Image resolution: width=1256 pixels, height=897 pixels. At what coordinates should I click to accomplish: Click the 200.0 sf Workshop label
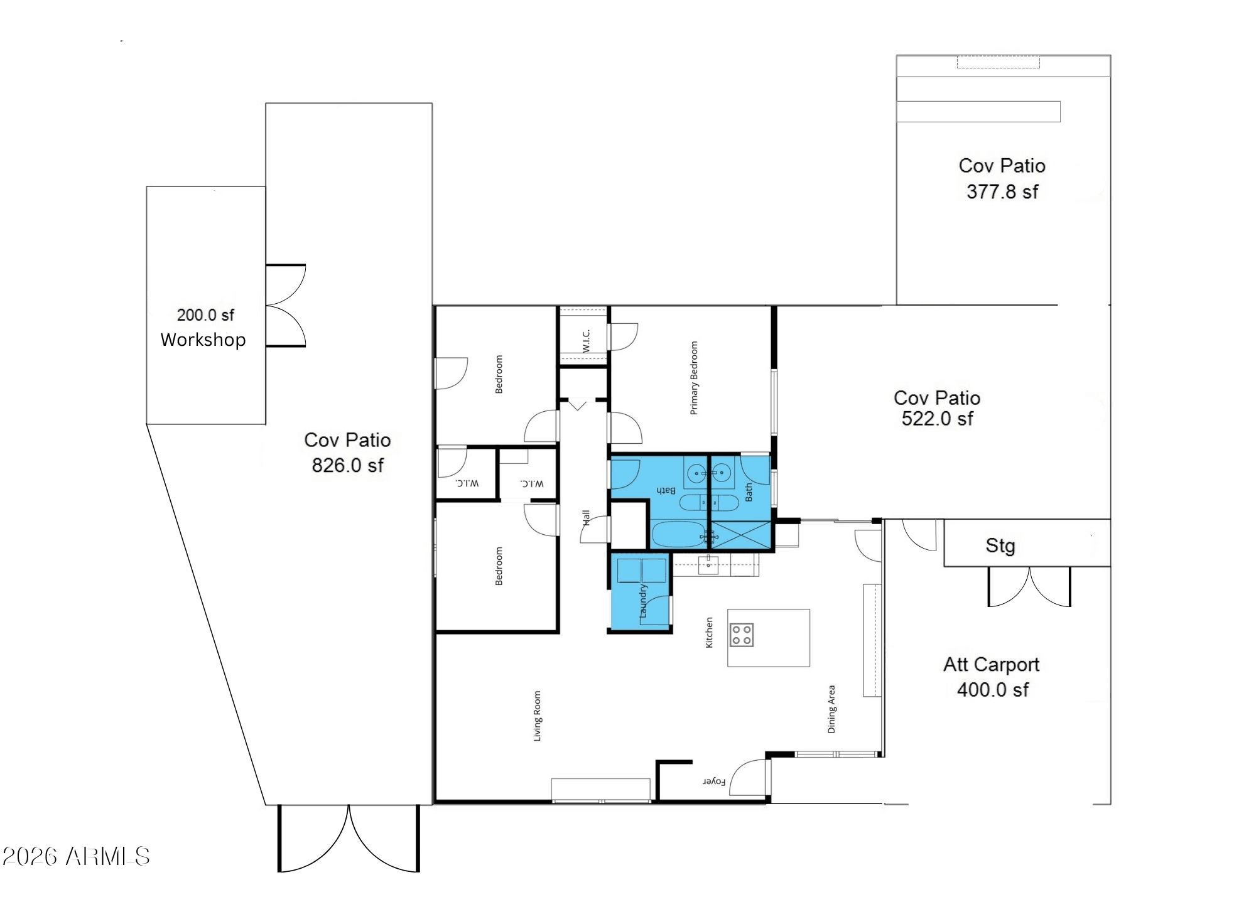point(203,328)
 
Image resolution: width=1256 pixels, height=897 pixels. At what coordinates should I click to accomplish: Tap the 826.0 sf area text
point(347,465)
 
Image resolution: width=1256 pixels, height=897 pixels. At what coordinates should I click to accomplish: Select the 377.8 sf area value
point(1002,191)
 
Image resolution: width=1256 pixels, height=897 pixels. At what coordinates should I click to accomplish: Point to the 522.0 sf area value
point(937,419)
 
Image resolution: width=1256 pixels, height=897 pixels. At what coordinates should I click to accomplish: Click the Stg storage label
point(1000,546)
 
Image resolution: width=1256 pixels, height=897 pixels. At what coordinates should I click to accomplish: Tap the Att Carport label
point(991,664)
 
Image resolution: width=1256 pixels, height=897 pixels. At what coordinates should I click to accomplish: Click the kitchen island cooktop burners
point(741,635)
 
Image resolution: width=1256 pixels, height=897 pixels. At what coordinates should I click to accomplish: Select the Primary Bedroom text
point(694,378)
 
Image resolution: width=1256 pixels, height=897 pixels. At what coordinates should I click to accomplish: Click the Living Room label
point(537,716)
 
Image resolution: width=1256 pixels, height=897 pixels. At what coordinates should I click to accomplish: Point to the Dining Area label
point(831,709)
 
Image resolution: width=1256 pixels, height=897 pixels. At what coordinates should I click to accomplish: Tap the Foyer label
point(714,782)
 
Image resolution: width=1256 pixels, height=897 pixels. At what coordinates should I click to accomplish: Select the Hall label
point(586,518)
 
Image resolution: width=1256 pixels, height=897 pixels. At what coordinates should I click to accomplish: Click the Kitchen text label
point(709,632)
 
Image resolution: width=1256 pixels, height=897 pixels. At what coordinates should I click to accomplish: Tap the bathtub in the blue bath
point(679,535)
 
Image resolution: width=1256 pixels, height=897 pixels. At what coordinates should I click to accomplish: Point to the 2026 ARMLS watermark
point(76,856)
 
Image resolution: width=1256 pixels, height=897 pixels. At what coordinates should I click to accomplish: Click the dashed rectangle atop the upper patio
point(999,62)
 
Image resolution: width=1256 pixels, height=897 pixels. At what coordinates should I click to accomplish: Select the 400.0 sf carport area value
point(993,690)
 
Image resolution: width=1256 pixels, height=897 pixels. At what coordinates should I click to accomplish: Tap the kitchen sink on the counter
point(709,564)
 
